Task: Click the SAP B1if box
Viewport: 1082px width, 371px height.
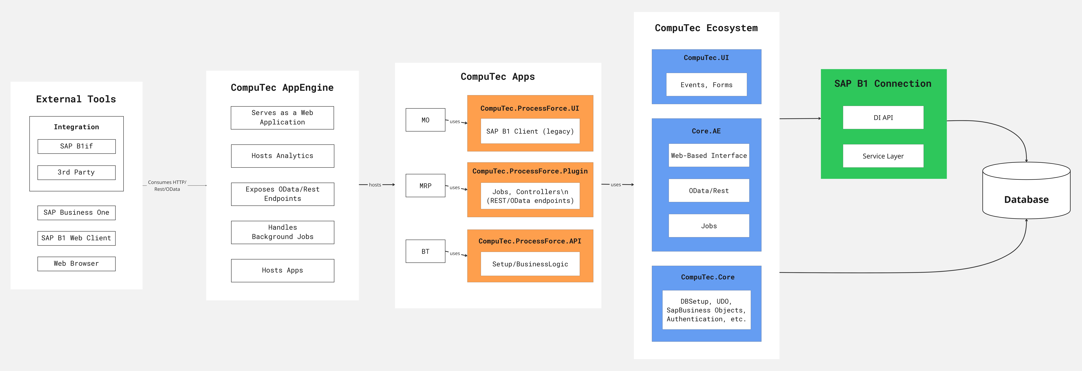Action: point(76,146)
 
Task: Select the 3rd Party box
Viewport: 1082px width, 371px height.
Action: point(76,172)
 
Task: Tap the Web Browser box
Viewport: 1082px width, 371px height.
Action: point(76,263)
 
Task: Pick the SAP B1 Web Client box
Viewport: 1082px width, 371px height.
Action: point(76,238)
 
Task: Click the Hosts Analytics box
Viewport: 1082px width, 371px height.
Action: point(282,156)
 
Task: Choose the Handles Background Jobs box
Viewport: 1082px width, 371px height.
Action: point(282,232)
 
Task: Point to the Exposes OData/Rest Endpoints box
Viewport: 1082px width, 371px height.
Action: point(282,194)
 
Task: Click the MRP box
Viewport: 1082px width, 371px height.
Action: point(425,186)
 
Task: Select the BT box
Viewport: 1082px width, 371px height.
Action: point(425,251)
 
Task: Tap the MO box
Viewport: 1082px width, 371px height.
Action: point(425,120)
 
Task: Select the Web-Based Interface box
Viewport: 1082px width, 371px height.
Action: point(709,155)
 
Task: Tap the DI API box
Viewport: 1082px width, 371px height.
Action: point(883,118)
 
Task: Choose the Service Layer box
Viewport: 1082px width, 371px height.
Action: point(883,156)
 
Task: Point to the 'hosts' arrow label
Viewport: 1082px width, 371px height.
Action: point(375,185)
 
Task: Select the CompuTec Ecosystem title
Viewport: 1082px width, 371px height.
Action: point(706,28)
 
